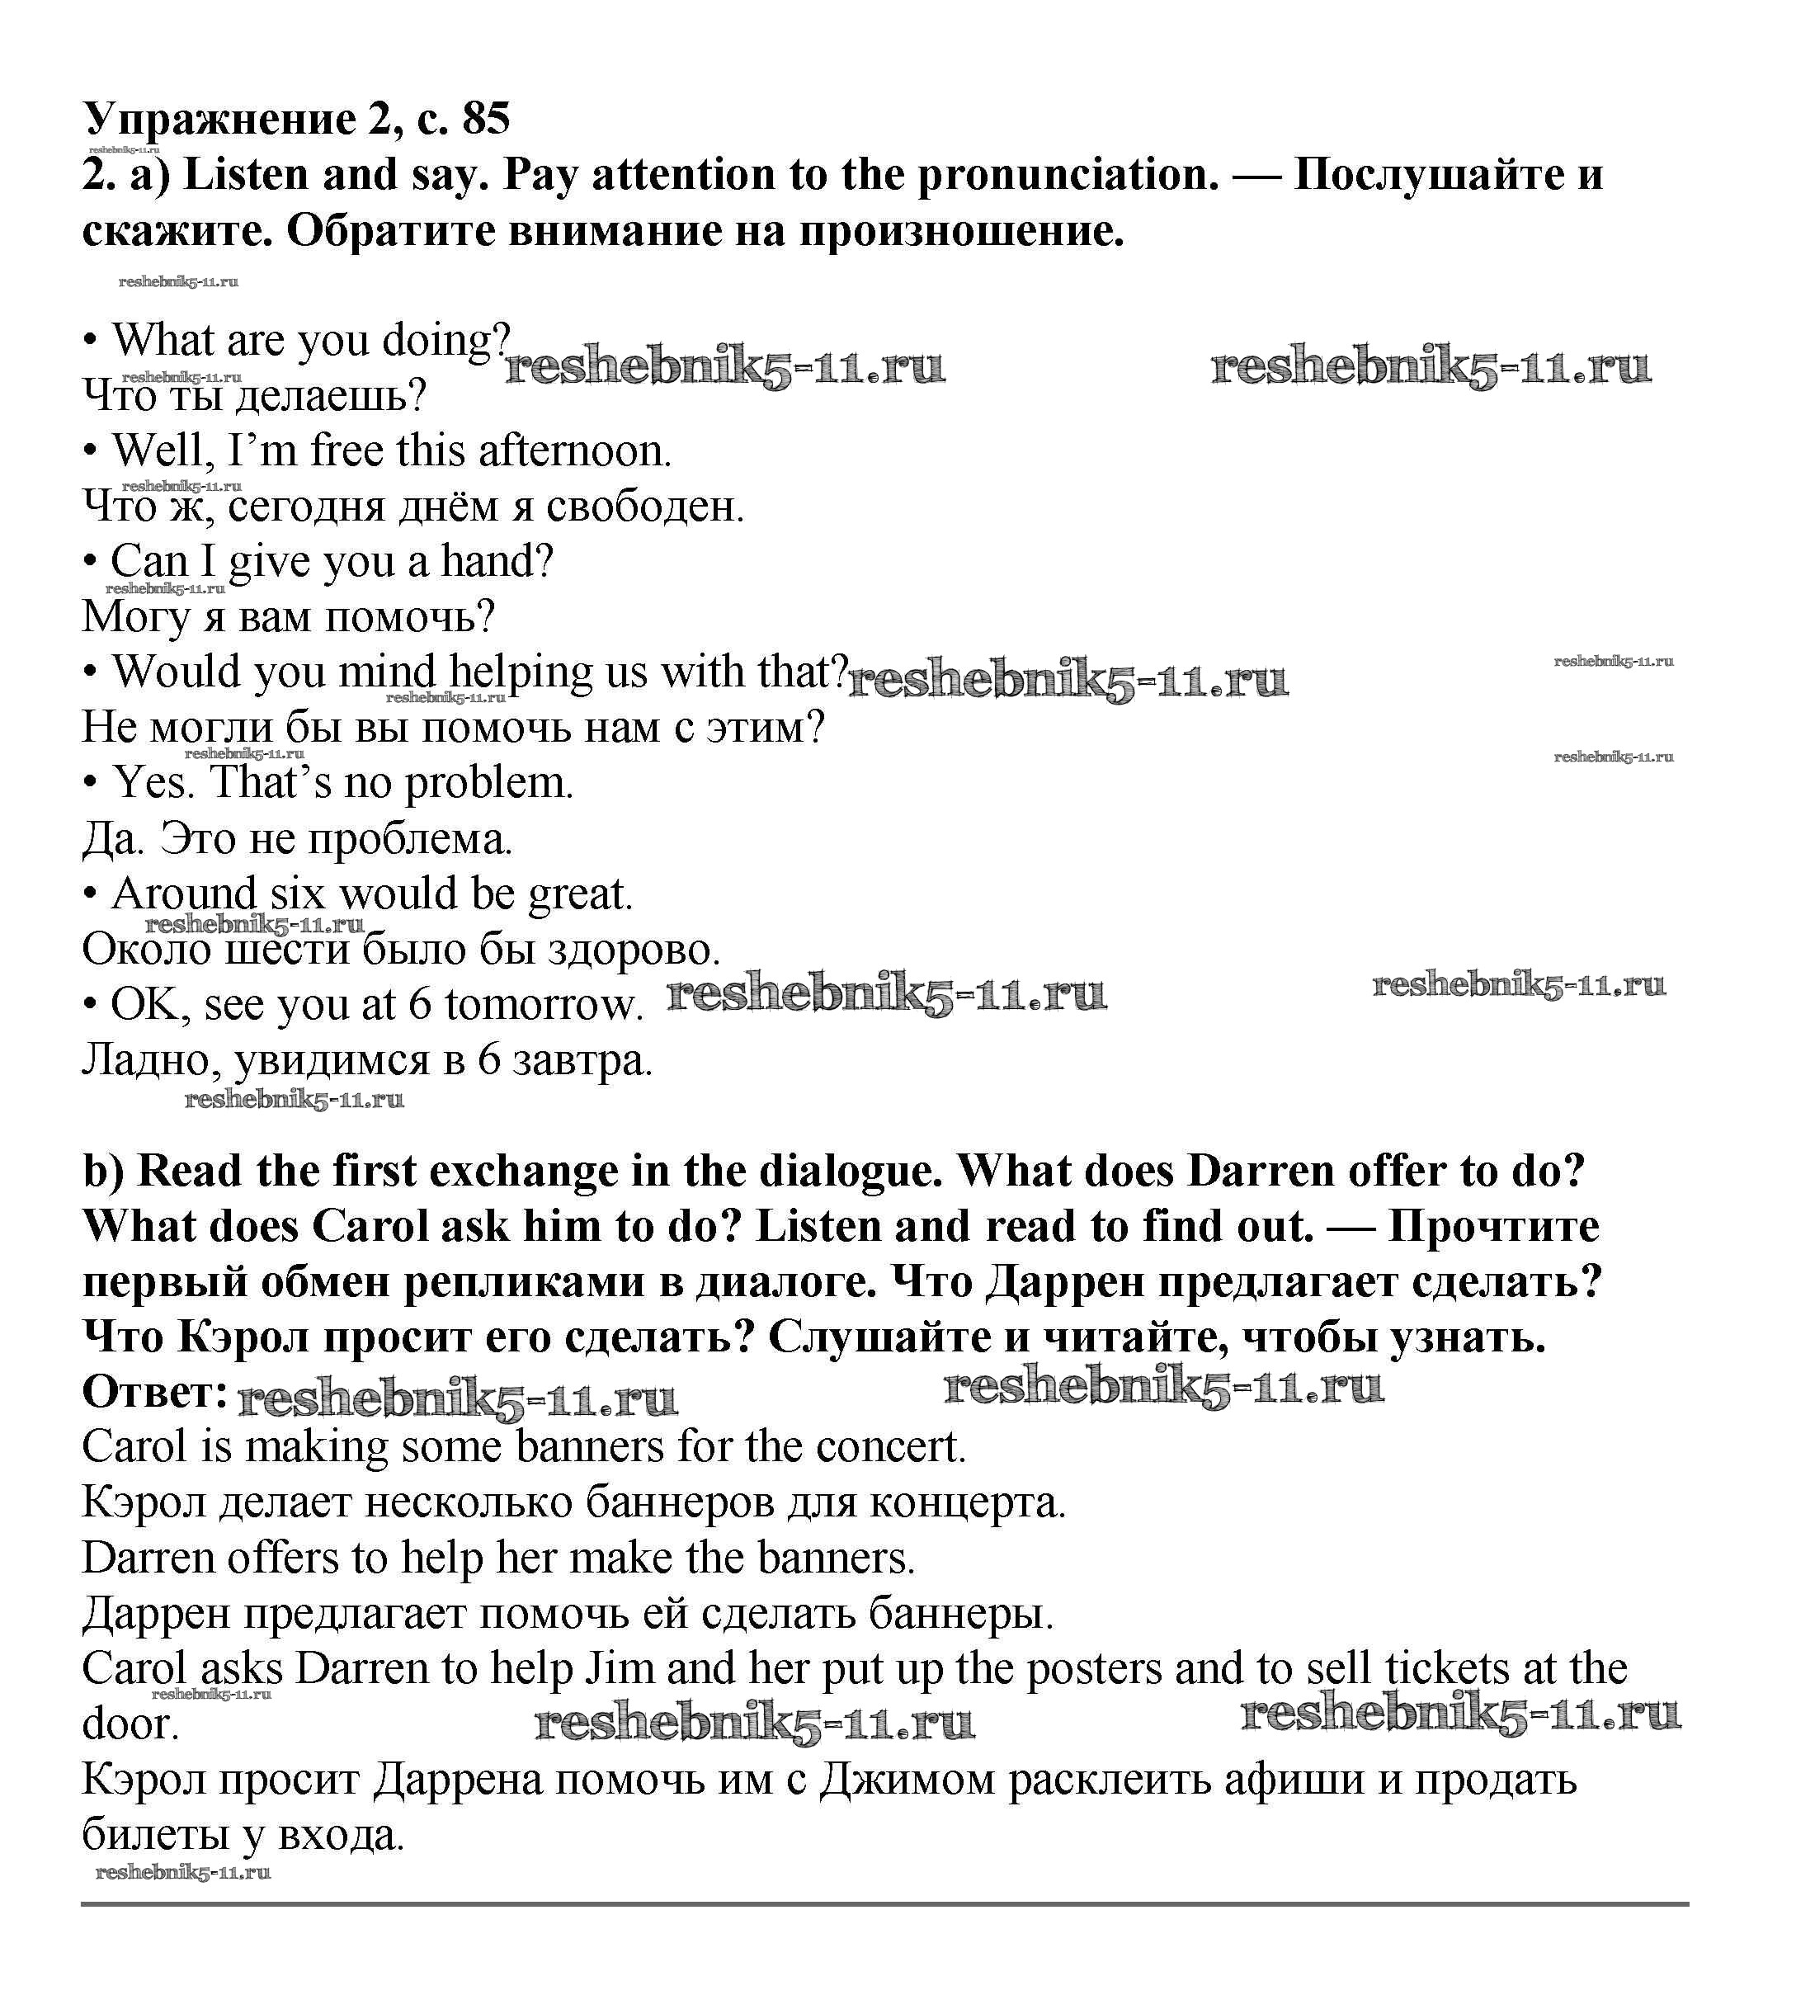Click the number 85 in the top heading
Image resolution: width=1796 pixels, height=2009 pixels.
[x=486, y=119]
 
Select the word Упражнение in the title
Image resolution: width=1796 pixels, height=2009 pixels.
[x=219, y=120]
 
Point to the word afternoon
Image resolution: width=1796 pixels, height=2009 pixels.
[x=573, y=451]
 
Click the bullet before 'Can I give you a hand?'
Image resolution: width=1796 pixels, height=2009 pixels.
[x=90, y=563]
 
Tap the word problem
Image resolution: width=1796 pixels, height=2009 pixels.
[x=488, y=784]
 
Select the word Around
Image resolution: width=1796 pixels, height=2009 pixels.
[x=183, y=894]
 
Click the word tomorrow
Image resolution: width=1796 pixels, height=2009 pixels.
[x=543, y=1006]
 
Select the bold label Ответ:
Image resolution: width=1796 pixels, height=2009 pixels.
[x=155, y=1393]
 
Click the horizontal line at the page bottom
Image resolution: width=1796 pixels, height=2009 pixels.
[x=884, y=1903]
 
